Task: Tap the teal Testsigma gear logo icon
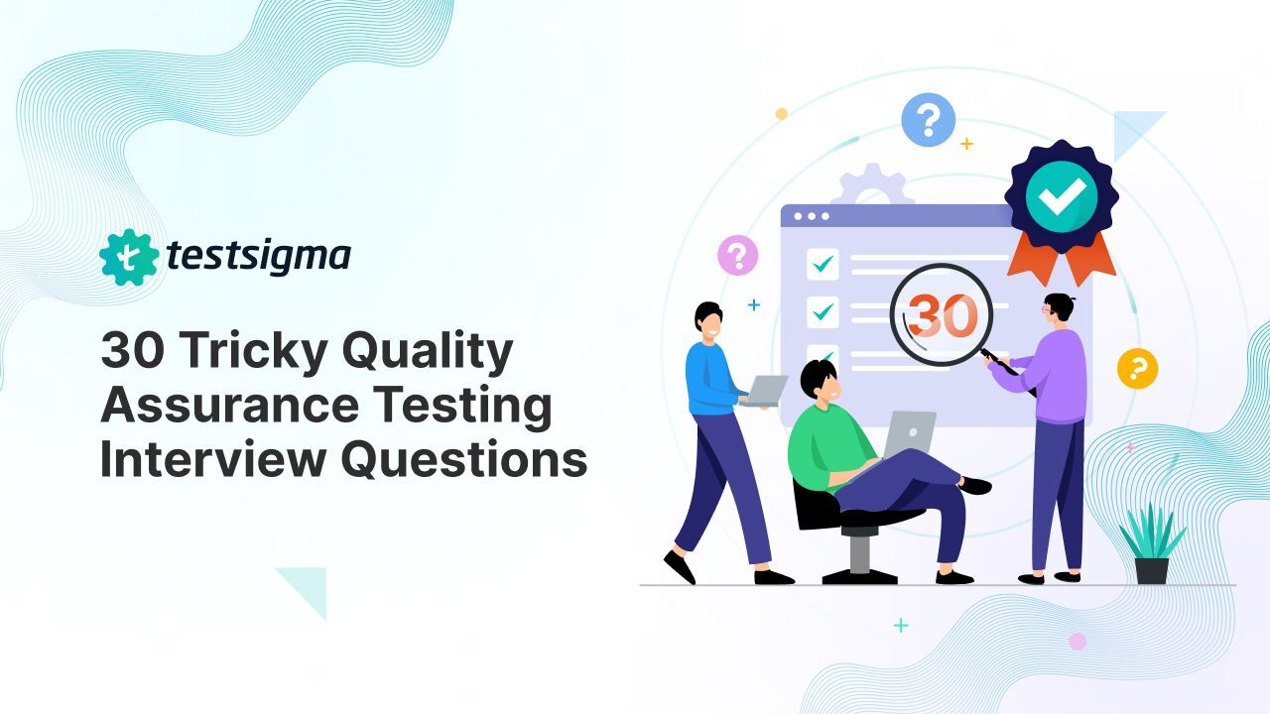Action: pos(129,258)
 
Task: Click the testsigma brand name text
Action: pos(258,257)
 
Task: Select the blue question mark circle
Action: pos(928,121)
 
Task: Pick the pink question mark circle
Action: pos(737,255)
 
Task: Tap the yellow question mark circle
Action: pos(1137,368)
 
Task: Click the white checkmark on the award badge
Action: pos(1061,194)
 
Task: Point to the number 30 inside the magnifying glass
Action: pos(943,314)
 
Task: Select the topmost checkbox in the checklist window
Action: pos(823,264)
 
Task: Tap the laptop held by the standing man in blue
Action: pos(764,391)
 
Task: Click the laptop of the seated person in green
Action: pos(909,436)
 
